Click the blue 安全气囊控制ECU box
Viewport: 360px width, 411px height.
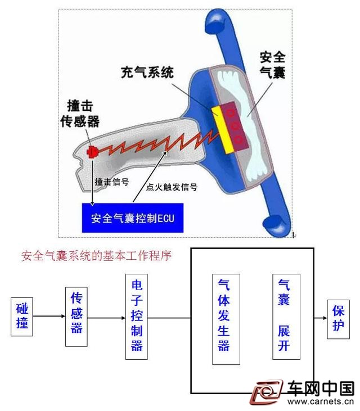(133, 218)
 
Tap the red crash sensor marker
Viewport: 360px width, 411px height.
(92, 152)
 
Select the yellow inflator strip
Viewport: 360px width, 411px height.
(223, 130)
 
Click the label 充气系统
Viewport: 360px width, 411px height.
(147, 73)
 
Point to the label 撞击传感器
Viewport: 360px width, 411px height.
(80, 114)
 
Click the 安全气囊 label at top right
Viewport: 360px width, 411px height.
(272, 65)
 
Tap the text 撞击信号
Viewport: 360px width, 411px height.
(112, 182)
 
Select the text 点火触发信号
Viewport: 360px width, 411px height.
(172, 187)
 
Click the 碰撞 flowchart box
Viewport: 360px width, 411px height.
(22, 317)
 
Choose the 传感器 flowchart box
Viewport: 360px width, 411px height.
(76, 317)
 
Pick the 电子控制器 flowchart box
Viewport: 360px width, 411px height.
(136, 317)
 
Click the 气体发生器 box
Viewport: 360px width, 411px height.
(226, 319)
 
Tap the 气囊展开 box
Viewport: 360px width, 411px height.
(286, 317)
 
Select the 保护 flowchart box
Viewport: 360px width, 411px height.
(338, 319)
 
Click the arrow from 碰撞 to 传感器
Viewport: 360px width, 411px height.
(49, 316)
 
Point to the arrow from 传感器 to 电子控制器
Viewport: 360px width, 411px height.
(106, 318)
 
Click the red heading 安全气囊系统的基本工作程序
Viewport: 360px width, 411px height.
(97, 256)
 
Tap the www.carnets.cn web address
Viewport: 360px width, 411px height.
(321, 401)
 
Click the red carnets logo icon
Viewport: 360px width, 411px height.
(266, 392)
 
